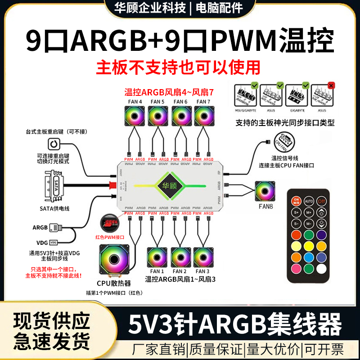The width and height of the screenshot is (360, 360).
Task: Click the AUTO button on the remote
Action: (309, 202)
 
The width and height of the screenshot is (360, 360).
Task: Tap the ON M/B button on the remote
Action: (296, 201)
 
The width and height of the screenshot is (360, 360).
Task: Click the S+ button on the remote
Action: (297, 212)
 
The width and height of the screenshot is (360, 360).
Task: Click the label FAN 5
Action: (157, 102)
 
